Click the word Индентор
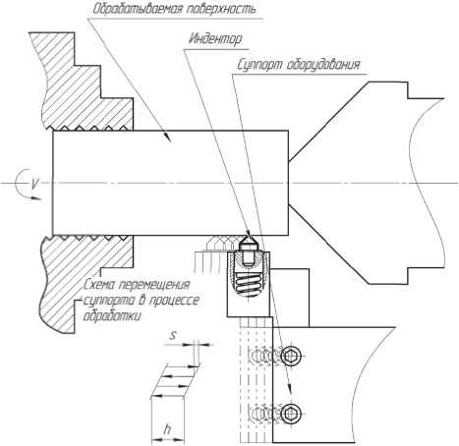click(215, 39)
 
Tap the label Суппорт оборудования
click(299, 65)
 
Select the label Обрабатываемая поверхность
click(174, 9)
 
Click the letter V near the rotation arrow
click(34, 183)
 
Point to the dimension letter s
click(173, 335)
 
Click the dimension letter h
click(167, 428)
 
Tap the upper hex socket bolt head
click(291, 356)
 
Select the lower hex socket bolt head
click(291, 414)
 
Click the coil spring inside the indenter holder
click(248, 282)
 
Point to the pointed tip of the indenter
click(249, 235)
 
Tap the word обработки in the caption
click(112, 316)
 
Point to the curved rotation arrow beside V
click(23, 184)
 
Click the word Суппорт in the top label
click(259, 65)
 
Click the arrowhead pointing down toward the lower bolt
click(290, 388)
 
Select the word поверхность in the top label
click(221, 9)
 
